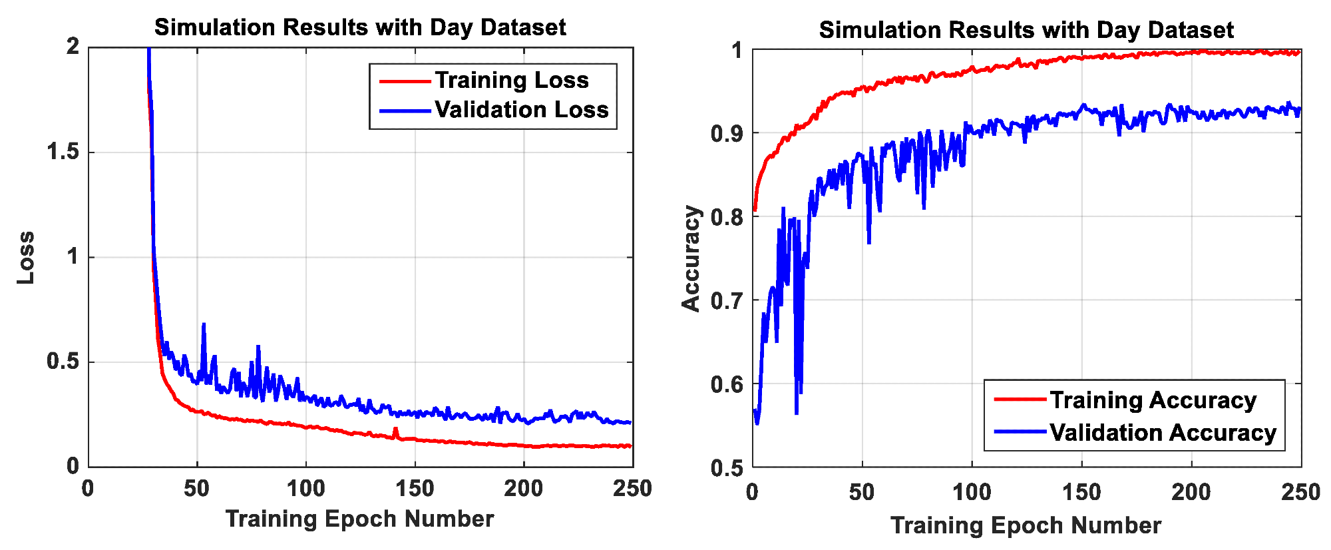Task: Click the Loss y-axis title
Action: (26, 258)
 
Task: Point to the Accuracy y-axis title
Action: (691, 258)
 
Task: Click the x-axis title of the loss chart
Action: (360, 519)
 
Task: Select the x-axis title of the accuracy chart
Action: (1026, 525)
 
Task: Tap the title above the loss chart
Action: (360, 27)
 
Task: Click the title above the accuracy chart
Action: (1026, 30)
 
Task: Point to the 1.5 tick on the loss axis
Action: (63, 152)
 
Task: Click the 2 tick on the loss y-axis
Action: (73, 47)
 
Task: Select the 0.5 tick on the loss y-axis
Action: (63, 362)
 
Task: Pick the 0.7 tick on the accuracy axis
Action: (727, 301)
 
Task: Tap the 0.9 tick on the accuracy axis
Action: (727, 134)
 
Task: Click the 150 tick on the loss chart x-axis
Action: (415, 489)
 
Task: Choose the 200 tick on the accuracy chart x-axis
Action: (1191, 492)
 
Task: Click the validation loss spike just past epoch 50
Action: (204, 324)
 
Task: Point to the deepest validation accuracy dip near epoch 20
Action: (797, 413)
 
